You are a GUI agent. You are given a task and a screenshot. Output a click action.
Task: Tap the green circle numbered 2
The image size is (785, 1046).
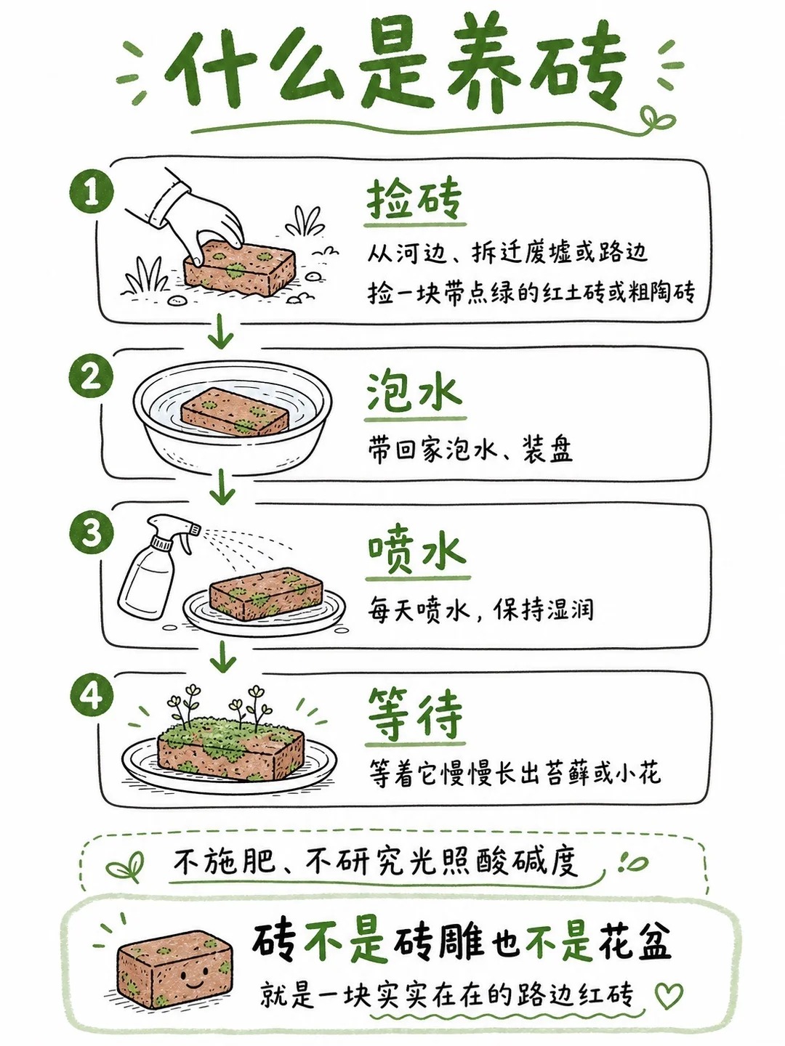click(92, 376)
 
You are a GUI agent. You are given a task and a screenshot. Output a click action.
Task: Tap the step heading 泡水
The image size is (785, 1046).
click(414, 392)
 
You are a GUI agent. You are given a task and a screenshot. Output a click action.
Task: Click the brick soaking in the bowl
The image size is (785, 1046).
click(235, 413)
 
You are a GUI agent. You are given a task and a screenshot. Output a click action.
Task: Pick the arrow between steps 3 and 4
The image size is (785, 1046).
click(222, 657)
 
